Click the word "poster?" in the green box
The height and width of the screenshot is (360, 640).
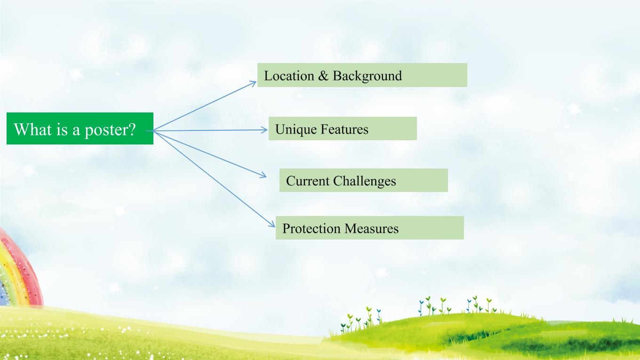(x=110, y=130)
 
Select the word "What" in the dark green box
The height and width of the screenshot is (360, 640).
(x=33, y=129)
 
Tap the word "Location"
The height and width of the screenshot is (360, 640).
(x=289, y=76)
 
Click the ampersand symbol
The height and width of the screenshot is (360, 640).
(x=323, y=76)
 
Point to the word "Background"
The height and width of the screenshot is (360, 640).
(x=367, y=77)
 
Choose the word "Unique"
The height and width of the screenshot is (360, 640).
(x=296, y=130)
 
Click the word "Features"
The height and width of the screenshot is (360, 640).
(x=344, y=129)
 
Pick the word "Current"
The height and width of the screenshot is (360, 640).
(x=307, y=181)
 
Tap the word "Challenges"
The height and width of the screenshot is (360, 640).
(x=364, y=182)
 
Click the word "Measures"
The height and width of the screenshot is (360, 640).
(x=371, y=229)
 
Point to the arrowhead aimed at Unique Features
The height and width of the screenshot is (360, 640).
(x=264, y=130)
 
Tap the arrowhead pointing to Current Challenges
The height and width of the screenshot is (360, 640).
(x=263, y=175)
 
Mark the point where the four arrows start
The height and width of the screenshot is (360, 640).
(x=153, y=131)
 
